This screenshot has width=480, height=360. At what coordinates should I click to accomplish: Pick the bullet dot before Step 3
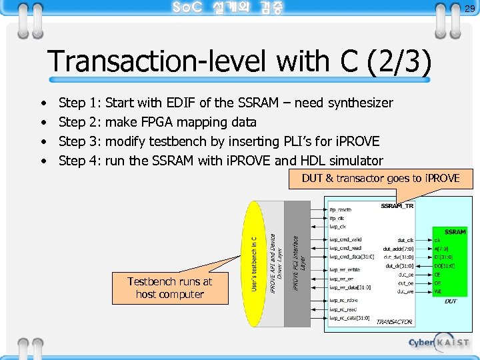point(43,142)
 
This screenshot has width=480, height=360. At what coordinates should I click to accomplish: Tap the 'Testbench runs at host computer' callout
point(169,288)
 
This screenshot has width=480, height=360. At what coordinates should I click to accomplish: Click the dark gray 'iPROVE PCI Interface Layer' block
point(297,263)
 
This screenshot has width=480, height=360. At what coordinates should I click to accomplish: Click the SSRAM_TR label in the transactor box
point(397,206)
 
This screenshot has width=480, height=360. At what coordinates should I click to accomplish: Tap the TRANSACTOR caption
point(394,322)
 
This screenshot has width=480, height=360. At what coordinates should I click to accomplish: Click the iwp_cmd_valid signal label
point(345,239)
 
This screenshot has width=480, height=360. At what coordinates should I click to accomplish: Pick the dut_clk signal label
point(405,239)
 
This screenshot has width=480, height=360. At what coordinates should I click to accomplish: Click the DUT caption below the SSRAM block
point(451,301)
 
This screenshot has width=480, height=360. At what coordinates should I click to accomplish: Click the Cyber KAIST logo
point(439,343)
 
